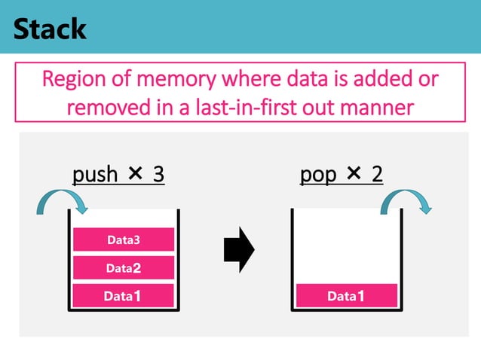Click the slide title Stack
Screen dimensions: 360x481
click(50, 29)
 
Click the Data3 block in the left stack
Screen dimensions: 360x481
click(124, 240)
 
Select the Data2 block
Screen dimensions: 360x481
click(124, 267)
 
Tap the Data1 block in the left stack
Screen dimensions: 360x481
click(124, 296)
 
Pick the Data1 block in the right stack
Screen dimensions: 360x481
click(346, 296)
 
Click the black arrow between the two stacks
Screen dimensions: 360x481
click(239, 249)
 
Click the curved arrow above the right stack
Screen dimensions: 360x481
click(407, 202)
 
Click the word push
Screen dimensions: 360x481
click(95, 175)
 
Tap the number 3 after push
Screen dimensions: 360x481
click(158, 175)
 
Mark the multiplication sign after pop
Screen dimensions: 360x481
click(354, 175)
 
